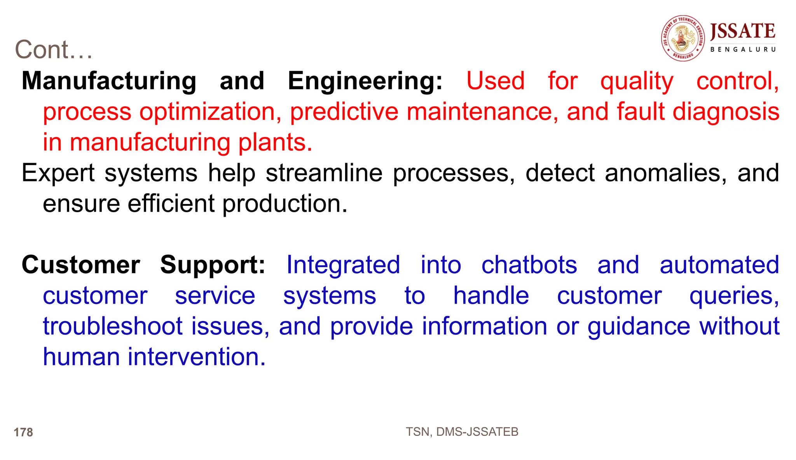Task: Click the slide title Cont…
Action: tap(54, 50)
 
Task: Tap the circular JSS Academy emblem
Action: tap(683, 38)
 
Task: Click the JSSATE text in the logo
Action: tap(742, 31)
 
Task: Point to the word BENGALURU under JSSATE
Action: tap(743, 49)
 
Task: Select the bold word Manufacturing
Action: tap(109, 81)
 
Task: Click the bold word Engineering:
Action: tap(365, 81)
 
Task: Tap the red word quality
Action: tap(637, 81)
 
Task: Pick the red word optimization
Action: tap(210, 112)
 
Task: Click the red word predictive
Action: tap(344, 112)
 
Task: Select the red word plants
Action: tap(275, 142)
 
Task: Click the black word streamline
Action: tap(324, 173)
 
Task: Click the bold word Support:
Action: tap(213, 265)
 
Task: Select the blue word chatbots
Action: tap(529, 265)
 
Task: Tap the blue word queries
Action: tap(734, 296)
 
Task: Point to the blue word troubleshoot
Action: tap(112, 326)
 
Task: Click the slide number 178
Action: tap(23, 432)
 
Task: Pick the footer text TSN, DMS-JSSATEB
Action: tap(462, 432)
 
